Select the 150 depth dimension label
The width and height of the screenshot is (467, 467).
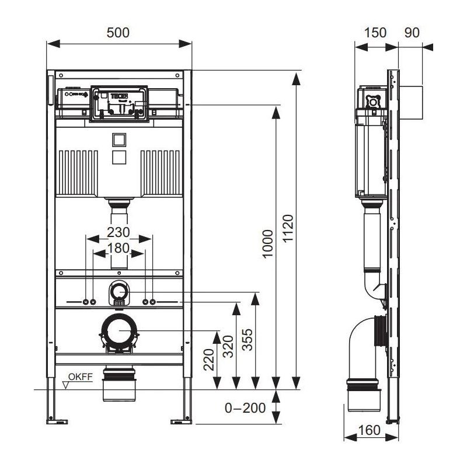pos(375,33)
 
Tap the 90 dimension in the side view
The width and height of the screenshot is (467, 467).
pos(412,33)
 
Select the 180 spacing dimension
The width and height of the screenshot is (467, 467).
pos(119,248)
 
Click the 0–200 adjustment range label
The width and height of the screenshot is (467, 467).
pos(245,408)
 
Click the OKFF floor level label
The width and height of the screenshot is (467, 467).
pos(80,377)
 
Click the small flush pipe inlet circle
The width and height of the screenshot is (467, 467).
pos(119,291)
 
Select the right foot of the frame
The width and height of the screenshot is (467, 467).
pos(181,418)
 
